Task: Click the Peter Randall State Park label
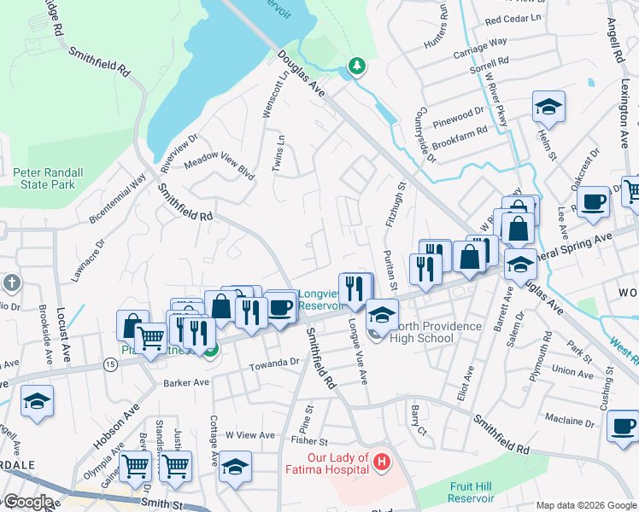tap(49, 178)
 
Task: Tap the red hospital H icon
tap(382, 463)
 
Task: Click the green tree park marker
tap(356, 65)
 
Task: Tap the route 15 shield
tap(110, 364)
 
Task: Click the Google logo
tap(27, 502)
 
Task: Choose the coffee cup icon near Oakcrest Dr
tap(592, 202)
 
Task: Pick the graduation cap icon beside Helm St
tap(548, 107)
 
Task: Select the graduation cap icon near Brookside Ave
tap(38, 400)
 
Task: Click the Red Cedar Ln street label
tap(513, 18)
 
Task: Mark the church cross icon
tap(12, 282)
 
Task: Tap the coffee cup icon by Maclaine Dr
tap(622, 425)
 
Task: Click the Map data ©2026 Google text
tap(585, 504)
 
